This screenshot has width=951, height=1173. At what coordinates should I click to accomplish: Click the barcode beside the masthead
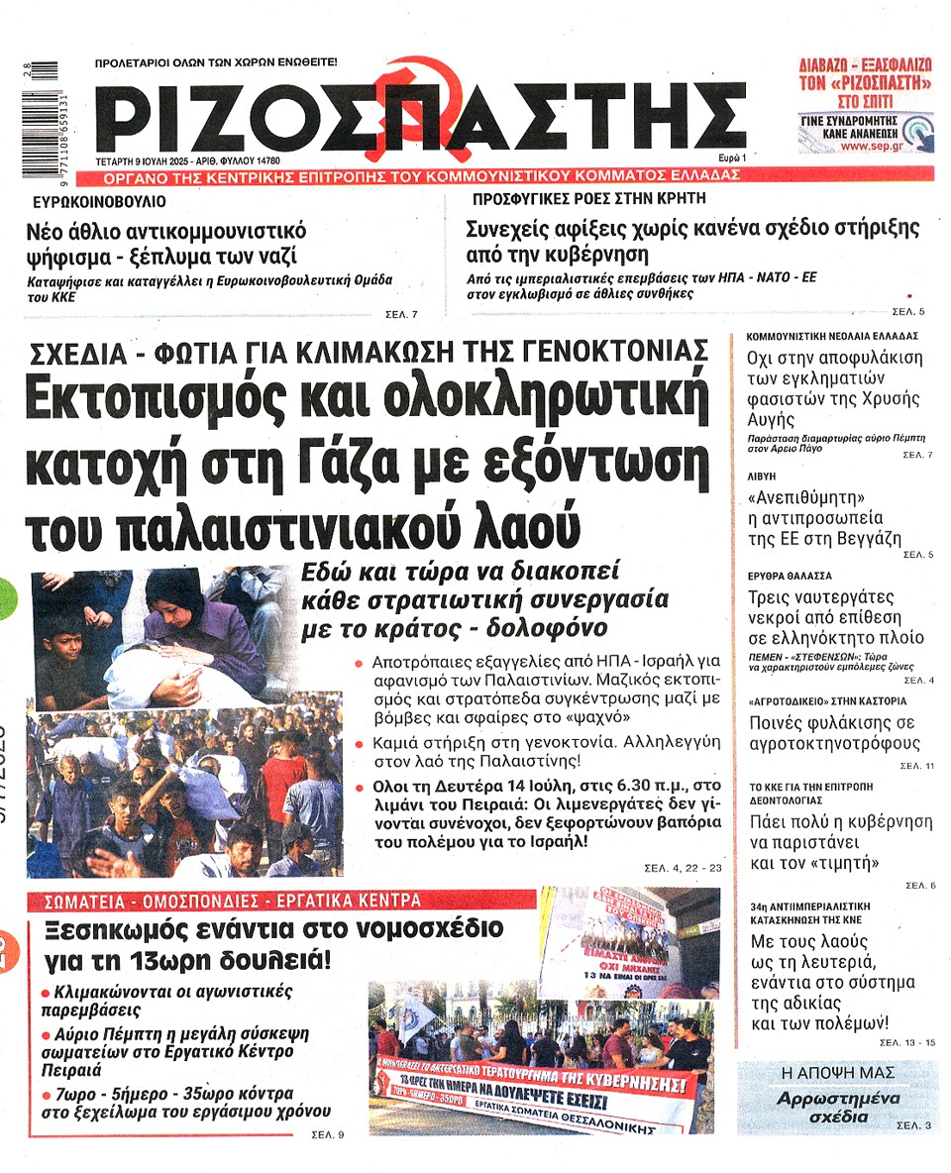coord(39,120)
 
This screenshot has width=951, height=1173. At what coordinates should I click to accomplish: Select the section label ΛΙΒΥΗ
coord(762,476)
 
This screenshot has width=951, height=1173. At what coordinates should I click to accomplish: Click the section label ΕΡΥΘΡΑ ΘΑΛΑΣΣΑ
coord(790,575)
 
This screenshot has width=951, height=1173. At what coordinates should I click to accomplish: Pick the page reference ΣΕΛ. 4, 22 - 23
coord(685,869)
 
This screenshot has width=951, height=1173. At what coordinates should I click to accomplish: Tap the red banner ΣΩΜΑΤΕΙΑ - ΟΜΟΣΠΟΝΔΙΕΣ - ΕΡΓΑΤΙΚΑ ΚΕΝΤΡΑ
coord(233,901)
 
